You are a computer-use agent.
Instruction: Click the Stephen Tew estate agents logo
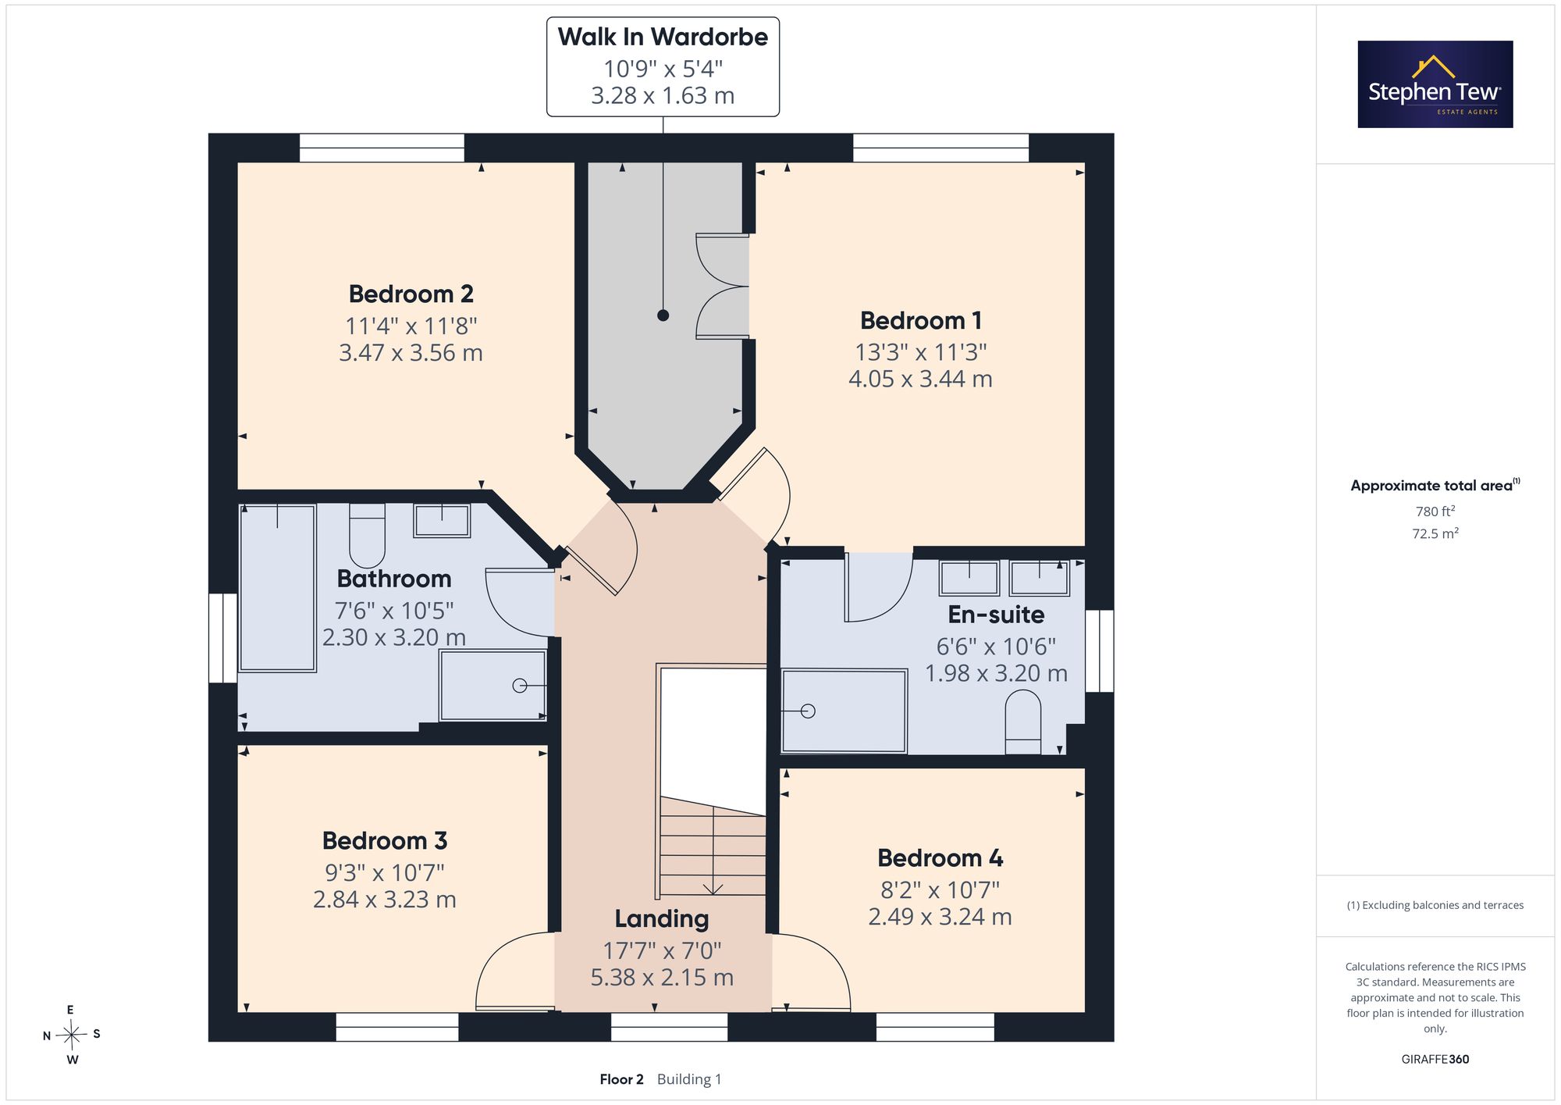pos(1435,84)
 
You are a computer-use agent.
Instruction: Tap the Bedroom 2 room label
pos(411,294)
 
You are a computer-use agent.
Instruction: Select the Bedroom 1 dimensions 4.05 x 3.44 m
pos(921,380)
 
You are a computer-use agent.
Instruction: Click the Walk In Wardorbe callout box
pos(663,67)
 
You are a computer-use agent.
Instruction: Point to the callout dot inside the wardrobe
pos(663,315)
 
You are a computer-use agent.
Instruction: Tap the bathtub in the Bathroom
pos(277,588)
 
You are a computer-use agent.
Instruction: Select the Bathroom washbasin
pos(442,521)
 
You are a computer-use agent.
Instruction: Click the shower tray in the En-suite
pos(845,711)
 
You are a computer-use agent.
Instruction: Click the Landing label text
pos(662,919)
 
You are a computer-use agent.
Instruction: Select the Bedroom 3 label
pos(385,841)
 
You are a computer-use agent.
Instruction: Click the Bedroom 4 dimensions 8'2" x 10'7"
pos(941,889)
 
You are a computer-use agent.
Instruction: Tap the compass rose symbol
pos(72,1035)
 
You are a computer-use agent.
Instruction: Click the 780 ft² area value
pos(1435,512)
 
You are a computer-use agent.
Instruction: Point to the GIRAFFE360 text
pos(1435,1060)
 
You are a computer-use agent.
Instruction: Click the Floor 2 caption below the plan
pos(622,1079)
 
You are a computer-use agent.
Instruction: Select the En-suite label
pos(996,615)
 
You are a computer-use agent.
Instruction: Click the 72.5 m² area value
pos(1435,533)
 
